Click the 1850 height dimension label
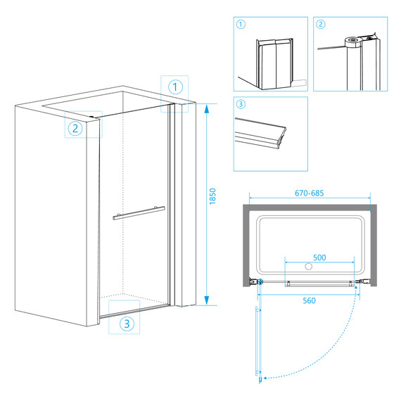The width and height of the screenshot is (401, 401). (x=212, y=196)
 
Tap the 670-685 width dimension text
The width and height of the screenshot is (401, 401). (x=309, y=193)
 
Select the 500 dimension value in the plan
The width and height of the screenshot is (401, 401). (x=319, y=257)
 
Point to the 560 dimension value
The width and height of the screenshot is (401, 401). (x=309, y=300)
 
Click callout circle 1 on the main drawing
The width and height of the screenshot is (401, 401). (x=175, y=87)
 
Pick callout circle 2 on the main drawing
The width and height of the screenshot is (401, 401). (x=75, y=128)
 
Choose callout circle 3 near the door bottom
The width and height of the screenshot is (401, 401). (x=127, y=324)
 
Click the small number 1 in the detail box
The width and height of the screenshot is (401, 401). (x=241, y=25)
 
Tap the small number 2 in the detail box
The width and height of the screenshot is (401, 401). (x=320, y=25)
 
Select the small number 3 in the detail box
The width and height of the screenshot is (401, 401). (x=241, y=104)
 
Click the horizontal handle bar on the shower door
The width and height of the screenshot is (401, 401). (x=139, y=213)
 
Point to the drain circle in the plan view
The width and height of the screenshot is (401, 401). (x=309, y=266)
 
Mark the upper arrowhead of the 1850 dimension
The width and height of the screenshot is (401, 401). (x=207, y=108)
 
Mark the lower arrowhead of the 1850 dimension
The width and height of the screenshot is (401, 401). (x=207, y=300)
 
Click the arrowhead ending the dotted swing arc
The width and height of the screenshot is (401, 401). (x=265, y=378)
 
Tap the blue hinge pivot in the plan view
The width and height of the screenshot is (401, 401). (x=260, y=282)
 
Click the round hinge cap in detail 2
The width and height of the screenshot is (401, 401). (x=352, y=42)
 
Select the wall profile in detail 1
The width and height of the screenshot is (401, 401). (x=274, y=64)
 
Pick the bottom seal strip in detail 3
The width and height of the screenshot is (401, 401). (x=260, y=134)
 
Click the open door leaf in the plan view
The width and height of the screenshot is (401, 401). (x=259, y=341)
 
